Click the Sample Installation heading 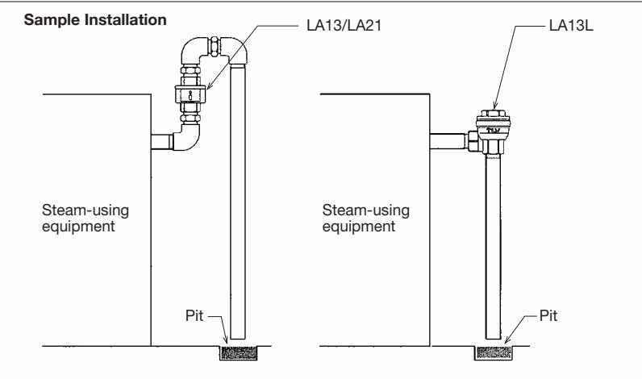(95, 19)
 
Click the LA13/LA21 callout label (344, 25)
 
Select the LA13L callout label (571, 25)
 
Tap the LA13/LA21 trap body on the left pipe (190, 95)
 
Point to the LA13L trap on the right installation (494, 131)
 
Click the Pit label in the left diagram (194, 315)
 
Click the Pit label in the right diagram (548, 315)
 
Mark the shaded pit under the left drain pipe (238, 353)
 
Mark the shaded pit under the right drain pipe (494, 353)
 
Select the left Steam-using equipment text (85, 219)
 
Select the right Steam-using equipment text (365, 219)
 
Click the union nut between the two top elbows (215, 46)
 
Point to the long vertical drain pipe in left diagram (238, 202)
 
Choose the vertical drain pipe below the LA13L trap (493, 247)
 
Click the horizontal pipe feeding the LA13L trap (448, 141)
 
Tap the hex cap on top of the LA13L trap (494, 113)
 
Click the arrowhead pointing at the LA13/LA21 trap (209, 86)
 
